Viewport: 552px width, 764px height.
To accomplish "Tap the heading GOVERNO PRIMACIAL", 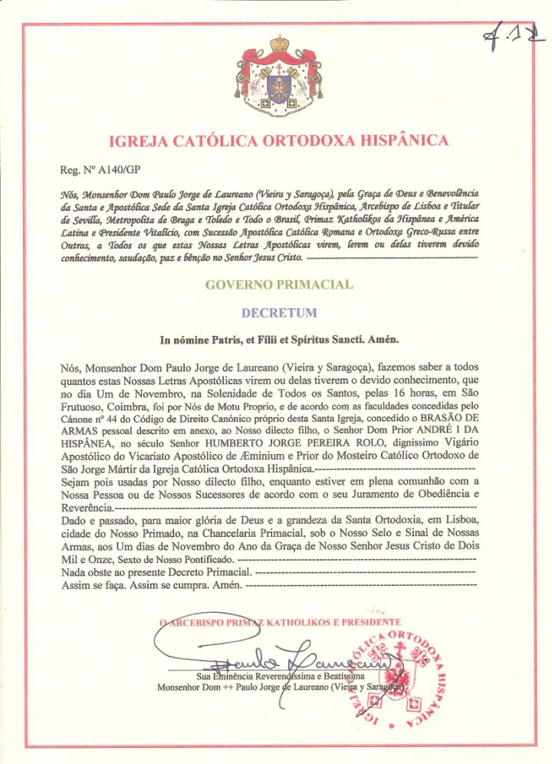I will click(x=279, y=285).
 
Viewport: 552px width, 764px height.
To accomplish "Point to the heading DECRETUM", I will click(x=279, y=313).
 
